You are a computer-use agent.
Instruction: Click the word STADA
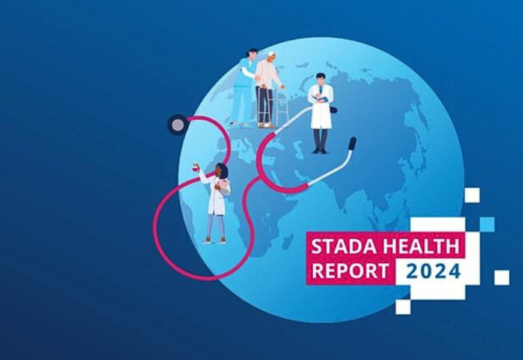344,246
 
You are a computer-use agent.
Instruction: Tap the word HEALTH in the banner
421,246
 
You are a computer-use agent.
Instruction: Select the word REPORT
350,270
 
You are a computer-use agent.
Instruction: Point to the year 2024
433,271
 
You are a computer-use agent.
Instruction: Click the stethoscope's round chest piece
178,124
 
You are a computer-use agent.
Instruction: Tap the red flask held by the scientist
195,168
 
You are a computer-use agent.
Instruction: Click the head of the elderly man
271,57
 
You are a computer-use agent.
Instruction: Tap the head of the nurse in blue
252,53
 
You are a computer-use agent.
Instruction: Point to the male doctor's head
320,79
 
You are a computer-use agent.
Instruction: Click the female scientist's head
221,171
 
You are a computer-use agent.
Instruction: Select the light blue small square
487,224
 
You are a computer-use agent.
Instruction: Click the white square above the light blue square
473,195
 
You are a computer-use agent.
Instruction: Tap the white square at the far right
501,277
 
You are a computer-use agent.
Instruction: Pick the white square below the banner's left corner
403,307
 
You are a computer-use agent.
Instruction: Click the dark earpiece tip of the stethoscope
352,144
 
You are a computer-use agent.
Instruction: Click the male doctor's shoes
320,151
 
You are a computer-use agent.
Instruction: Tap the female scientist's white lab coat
216,196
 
